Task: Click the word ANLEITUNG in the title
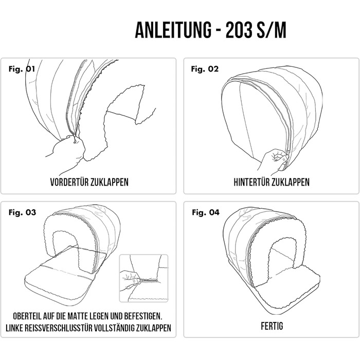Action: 173,30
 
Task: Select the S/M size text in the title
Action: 272,30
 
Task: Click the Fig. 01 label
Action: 22,68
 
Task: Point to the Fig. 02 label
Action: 205,68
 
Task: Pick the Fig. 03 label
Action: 22,212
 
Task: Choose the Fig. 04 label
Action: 206,212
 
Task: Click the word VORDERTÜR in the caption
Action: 69,182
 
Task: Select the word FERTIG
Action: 272,326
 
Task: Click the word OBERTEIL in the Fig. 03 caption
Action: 27,316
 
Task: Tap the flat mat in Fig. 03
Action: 59,282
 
